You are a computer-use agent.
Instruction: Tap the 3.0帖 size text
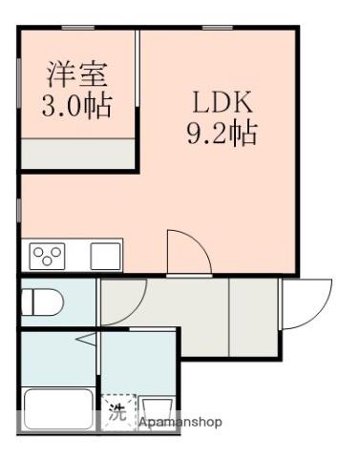coord(76,103)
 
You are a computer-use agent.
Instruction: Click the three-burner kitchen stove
coord(47,256)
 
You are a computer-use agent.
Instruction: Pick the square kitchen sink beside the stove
coord(104,256)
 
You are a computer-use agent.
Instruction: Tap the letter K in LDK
coord(244,100)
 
